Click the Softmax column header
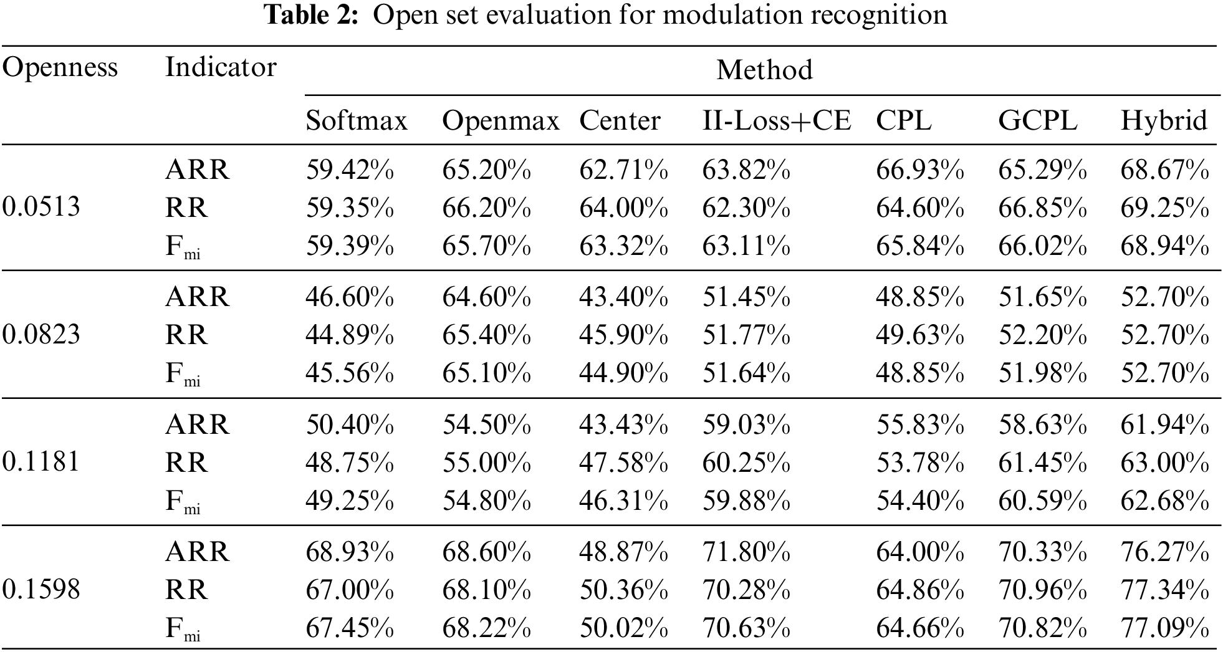click(356, 120)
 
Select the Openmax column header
click(501, 120)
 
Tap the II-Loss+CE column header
click(776, 120)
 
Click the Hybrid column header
click(1164, 120)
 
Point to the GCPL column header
click(1037, 120)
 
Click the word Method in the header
click(764, 70)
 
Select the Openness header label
click(60, 67)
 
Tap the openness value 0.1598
click(41, 590)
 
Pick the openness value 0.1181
click(41, 463)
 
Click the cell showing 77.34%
click(1164, 590)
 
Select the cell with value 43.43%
click(623, 424)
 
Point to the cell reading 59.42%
click(349, 170)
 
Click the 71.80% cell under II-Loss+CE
click(746, 552)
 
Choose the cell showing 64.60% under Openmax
click(486, 297)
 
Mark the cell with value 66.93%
click(919, 170)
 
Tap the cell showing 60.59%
click(1042, 501)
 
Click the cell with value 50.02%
click(623, 628)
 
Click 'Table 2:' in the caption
click(312, 14)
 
